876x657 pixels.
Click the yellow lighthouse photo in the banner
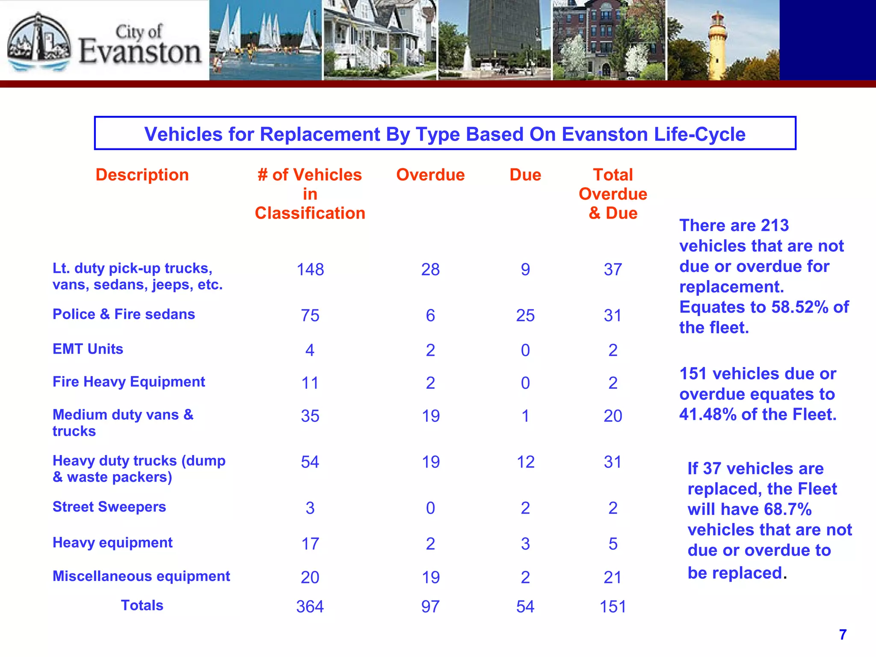click(723, 41)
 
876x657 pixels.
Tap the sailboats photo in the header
click(266, 41)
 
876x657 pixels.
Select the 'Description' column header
click(142, 175)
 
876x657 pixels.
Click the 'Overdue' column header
click(430, 175)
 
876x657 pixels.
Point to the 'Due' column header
click(525, 175)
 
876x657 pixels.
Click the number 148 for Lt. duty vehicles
click(310, 269)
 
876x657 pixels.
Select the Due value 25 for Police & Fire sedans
click(525, 316)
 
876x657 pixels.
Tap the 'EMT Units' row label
click(88, 349)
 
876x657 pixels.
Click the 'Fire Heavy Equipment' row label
click(129, 382)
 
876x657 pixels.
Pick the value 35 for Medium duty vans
click(310, 416)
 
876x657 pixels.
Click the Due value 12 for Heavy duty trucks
click(525, 462)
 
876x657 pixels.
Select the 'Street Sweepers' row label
click(109, 507)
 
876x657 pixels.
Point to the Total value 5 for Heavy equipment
click(613, 544)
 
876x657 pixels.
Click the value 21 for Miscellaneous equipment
click(613, 577)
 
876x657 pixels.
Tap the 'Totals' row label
click(142, 605)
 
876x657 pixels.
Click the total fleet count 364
click(310, 607)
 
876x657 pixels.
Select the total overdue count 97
click(430, 607)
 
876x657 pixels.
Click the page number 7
click(843, 634)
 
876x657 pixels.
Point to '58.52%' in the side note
click(800, 307)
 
